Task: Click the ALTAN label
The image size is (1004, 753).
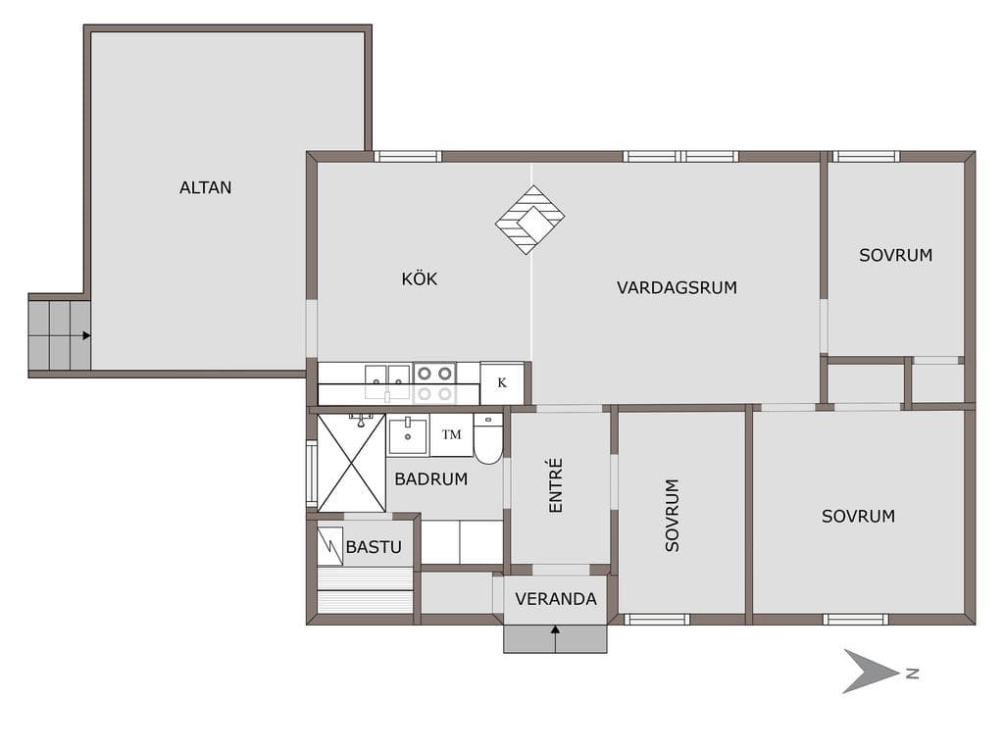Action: tap(205, 187)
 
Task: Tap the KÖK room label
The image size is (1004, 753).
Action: tap(420, 278)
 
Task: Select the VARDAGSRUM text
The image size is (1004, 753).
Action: tap(677, 287)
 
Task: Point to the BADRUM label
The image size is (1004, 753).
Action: tap(431, 478)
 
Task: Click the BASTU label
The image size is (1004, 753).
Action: tap(374, 547)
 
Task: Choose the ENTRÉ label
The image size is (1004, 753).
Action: tap(556, 485)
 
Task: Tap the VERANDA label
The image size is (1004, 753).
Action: tap(556, 599)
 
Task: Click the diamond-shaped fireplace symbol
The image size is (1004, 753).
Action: tap(529, 220)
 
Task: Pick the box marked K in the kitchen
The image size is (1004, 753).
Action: tap(502, 383)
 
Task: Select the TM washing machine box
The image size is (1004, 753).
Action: tap(451, 434)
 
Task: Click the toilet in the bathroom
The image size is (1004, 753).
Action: tap(488, 439)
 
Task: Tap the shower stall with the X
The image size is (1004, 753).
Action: tap(352, 463)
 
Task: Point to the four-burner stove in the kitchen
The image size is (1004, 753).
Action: tap(434, 383)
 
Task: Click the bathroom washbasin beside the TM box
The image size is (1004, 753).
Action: tap(408, 435)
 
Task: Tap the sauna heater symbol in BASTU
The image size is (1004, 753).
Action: tap(330, 546)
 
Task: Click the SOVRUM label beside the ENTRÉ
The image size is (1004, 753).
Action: tap(672, 516)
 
